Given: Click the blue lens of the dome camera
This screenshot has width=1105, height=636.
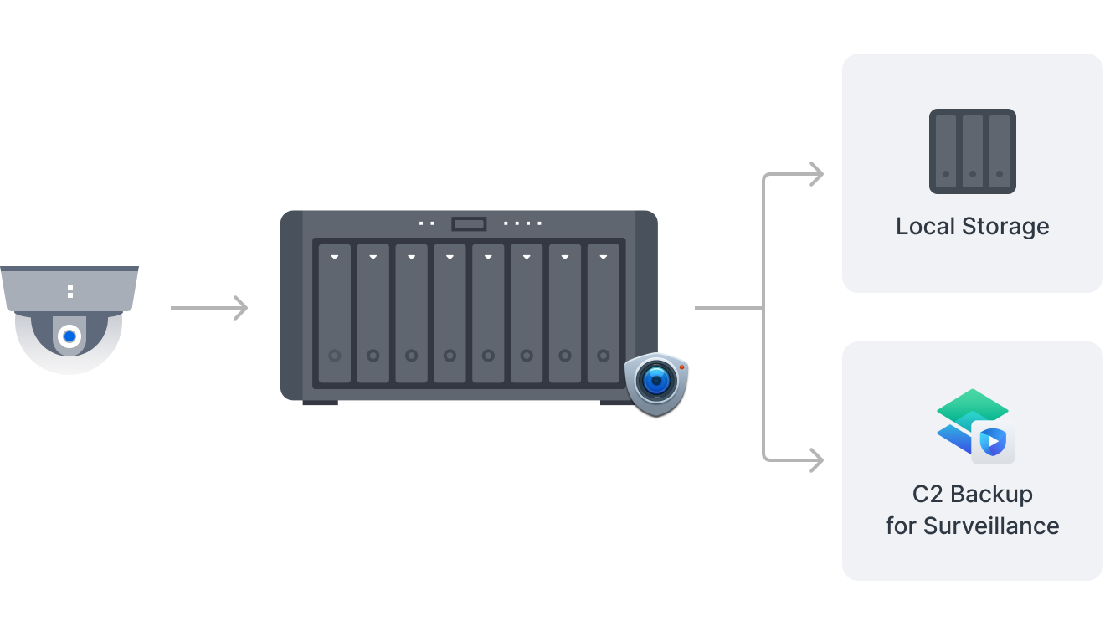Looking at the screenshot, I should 69,336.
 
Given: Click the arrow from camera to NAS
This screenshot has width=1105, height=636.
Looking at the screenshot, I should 209,308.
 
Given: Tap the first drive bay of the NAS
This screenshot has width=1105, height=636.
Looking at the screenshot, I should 335,314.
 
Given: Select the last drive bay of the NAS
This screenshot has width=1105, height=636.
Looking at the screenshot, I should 604,314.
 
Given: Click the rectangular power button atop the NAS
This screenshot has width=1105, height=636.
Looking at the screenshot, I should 469,223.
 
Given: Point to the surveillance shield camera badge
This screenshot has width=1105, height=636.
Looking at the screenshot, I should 656,383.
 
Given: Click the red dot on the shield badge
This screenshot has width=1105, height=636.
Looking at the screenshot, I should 681,367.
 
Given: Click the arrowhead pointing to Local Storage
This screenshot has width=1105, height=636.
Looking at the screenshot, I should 815,174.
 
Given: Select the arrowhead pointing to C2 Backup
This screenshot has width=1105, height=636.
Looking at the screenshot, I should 815,459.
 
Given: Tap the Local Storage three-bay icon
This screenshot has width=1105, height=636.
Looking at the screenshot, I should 972,151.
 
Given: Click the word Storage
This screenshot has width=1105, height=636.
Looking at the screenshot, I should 1004,227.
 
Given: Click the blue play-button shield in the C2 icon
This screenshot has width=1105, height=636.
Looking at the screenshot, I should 993,441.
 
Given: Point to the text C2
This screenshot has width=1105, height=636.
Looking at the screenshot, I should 928,495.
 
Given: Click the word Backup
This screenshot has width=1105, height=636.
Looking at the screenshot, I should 991,495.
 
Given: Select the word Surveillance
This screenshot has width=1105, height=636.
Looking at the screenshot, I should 991,526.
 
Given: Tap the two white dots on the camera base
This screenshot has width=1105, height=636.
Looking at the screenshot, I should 70,291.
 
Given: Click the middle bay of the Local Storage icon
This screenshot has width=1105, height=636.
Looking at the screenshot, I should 972,151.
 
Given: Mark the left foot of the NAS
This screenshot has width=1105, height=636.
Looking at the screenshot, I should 320,403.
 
